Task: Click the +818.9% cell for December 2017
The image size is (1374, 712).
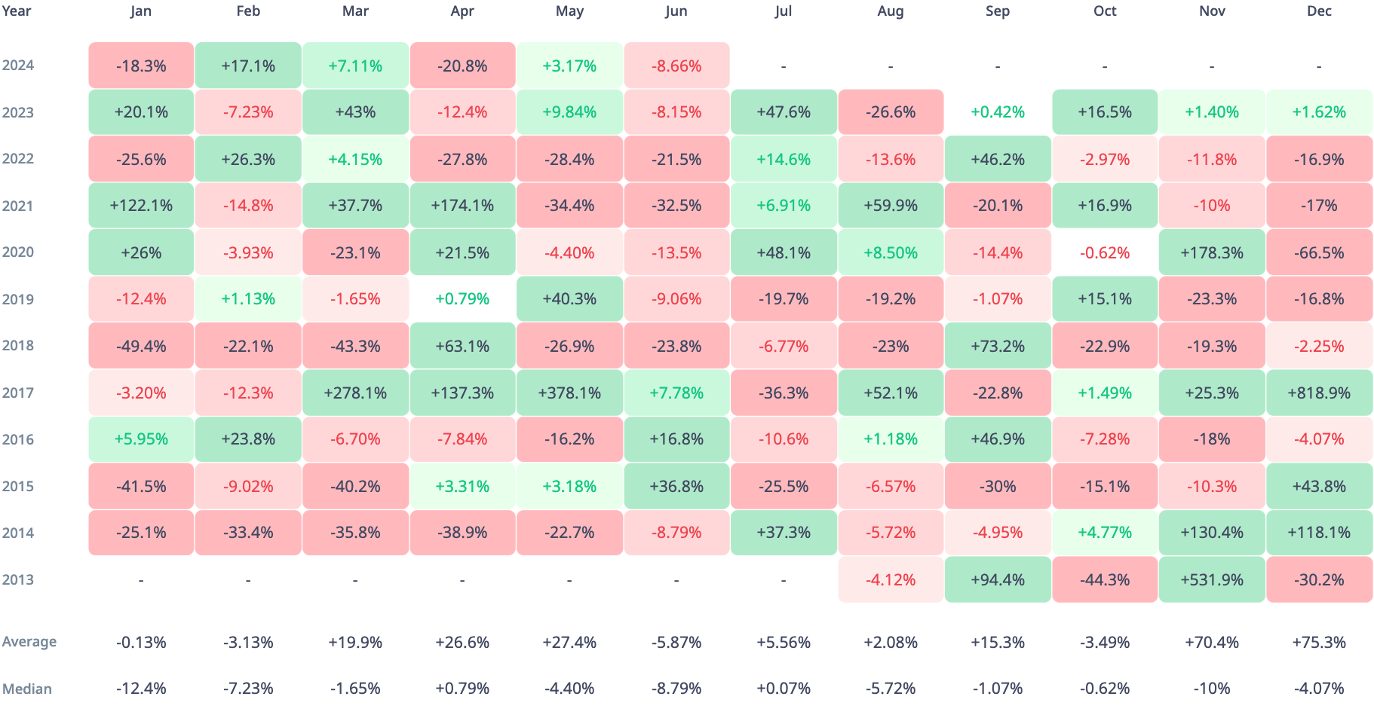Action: (1319, 393)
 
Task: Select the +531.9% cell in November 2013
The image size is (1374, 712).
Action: (1212, 579)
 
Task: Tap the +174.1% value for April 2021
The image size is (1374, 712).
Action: (462, 206)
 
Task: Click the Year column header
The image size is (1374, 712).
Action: (17, 11)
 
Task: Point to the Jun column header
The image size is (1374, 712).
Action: (676, 11)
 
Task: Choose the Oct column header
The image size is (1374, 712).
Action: (1105, 11)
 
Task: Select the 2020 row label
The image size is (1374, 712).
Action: (18, 252)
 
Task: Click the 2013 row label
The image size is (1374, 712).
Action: (18, 579)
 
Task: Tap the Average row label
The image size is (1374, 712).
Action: (29, 642)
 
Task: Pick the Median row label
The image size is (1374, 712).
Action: (27, 689)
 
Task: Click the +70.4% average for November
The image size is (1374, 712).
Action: (1212, 643)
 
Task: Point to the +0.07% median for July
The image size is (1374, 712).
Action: (784, 689)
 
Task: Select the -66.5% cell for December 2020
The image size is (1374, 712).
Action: (1319, 252)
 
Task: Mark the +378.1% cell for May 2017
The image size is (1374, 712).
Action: (569, 393)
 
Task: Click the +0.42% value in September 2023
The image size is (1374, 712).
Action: (998, 112)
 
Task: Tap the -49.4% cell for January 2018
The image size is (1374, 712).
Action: (141, 346)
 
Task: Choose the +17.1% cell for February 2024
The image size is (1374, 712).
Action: (248, 66)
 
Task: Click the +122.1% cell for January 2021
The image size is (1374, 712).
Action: (141, 206)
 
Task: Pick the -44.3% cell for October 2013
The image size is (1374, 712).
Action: (1105, 579)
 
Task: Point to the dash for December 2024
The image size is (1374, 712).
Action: (1319, 66)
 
